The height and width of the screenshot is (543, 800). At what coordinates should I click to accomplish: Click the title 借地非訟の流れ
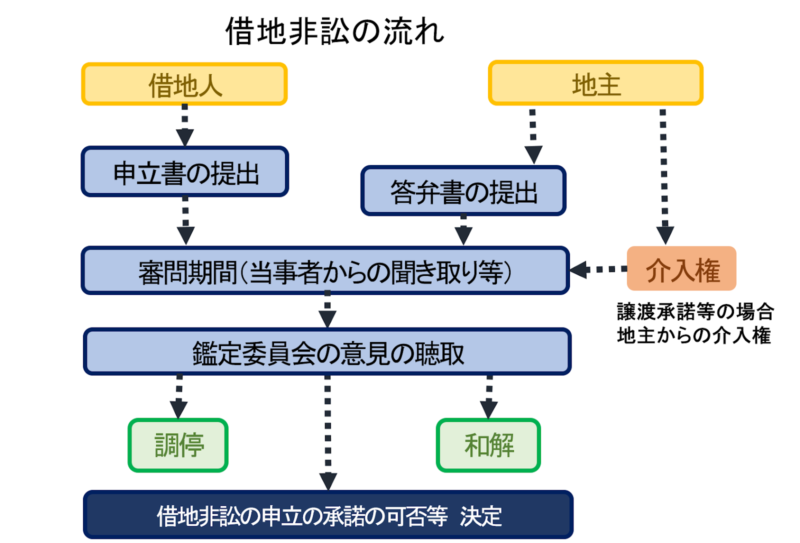point(334,31)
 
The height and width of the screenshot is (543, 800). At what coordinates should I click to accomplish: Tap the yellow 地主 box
point(595,83)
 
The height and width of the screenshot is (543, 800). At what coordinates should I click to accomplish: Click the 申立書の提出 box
point(185,171)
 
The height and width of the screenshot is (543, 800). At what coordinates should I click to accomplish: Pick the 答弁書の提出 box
point(463,191)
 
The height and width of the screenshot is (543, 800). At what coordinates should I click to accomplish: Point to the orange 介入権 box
point(682,268)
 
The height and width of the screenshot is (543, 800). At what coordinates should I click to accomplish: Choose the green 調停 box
point(178,445)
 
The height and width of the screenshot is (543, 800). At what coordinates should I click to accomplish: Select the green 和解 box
point(488,445)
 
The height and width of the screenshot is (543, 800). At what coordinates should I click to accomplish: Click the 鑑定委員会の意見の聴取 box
point(327,351)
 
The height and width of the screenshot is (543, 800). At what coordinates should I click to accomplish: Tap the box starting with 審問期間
point(325,270)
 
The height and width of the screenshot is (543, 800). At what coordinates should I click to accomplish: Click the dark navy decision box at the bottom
point(328,514)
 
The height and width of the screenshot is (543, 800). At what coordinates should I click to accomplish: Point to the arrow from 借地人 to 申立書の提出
point(185,125)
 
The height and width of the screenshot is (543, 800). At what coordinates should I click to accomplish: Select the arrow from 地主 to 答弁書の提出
point(533,137)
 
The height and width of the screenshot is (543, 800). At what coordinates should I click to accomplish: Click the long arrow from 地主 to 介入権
point(664,177)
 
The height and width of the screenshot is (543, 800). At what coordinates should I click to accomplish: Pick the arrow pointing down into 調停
point(179,396)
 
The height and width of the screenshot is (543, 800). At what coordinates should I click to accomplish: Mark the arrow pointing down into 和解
point(489,397)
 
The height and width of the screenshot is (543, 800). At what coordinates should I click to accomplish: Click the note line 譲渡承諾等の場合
point(695,311)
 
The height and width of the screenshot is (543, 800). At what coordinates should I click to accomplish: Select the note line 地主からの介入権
point(694,335)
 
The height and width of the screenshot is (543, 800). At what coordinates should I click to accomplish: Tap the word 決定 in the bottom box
point(481,516)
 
